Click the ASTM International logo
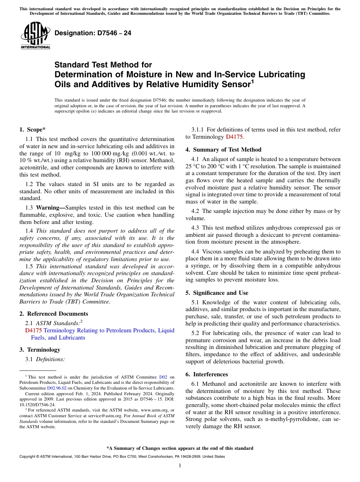pyautogui.click(x=35, y=36)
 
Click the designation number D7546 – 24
pyautogui.click(x=93, y=33)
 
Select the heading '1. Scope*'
pyautogui.click(x=32, y=130)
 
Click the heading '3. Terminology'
pyautogui.click(x=40, y=350)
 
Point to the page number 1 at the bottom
pyautogui.click(x=180, y=466)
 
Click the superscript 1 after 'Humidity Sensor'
pyautogui.click(x=252, y=81)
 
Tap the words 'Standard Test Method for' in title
pyautogui.click(x=103, y=65)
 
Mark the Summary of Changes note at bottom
pyautogui.click(x=180, y=448)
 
